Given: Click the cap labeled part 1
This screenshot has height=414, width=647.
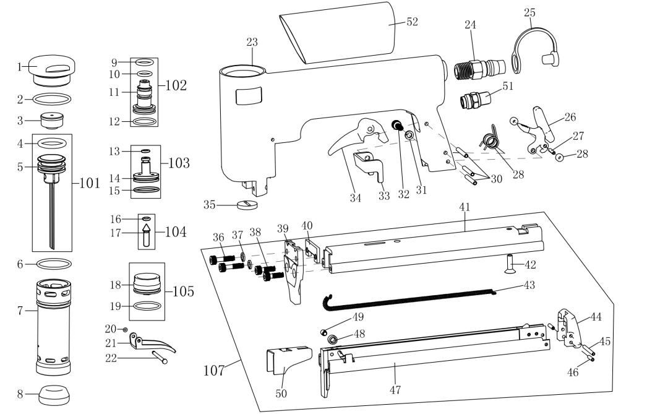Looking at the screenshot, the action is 51,70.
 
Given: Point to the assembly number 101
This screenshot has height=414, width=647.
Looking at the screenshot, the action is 88,183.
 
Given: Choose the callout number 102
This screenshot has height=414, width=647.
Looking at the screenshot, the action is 176,85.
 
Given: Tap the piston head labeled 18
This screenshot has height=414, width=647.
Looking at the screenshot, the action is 147,283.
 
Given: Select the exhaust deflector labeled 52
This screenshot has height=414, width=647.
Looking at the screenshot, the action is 338,33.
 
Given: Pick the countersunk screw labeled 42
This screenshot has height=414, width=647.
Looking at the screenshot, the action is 510,264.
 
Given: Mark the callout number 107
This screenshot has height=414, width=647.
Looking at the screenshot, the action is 214,370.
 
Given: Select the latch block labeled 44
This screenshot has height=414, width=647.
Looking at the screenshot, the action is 568,326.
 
